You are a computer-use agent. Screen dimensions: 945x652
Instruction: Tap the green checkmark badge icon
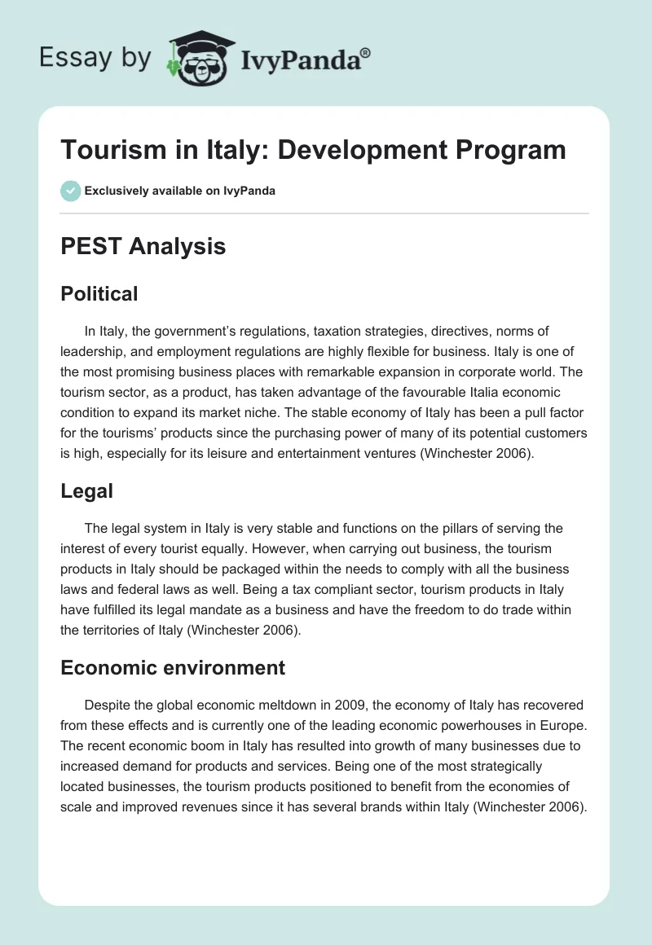click(x=70, y=191)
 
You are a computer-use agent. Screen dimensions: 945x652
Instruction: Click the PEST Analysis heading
click(x=143, y=246)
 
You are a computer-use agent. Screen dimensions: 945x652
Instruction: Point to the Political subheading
click(x=99, y=293)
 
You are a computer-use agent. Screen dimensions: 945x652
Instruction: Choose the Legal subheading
click(x=86, y=490)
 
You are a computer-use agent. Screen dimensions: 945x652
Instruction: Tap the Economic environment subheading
click(x=173, y=668)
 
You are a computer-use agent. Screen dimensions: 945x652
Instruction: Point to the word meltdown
click(x=311, y=705)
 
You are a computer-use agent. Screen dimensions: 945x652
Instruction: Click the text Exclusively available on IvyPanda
click(x=180, y=191)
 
